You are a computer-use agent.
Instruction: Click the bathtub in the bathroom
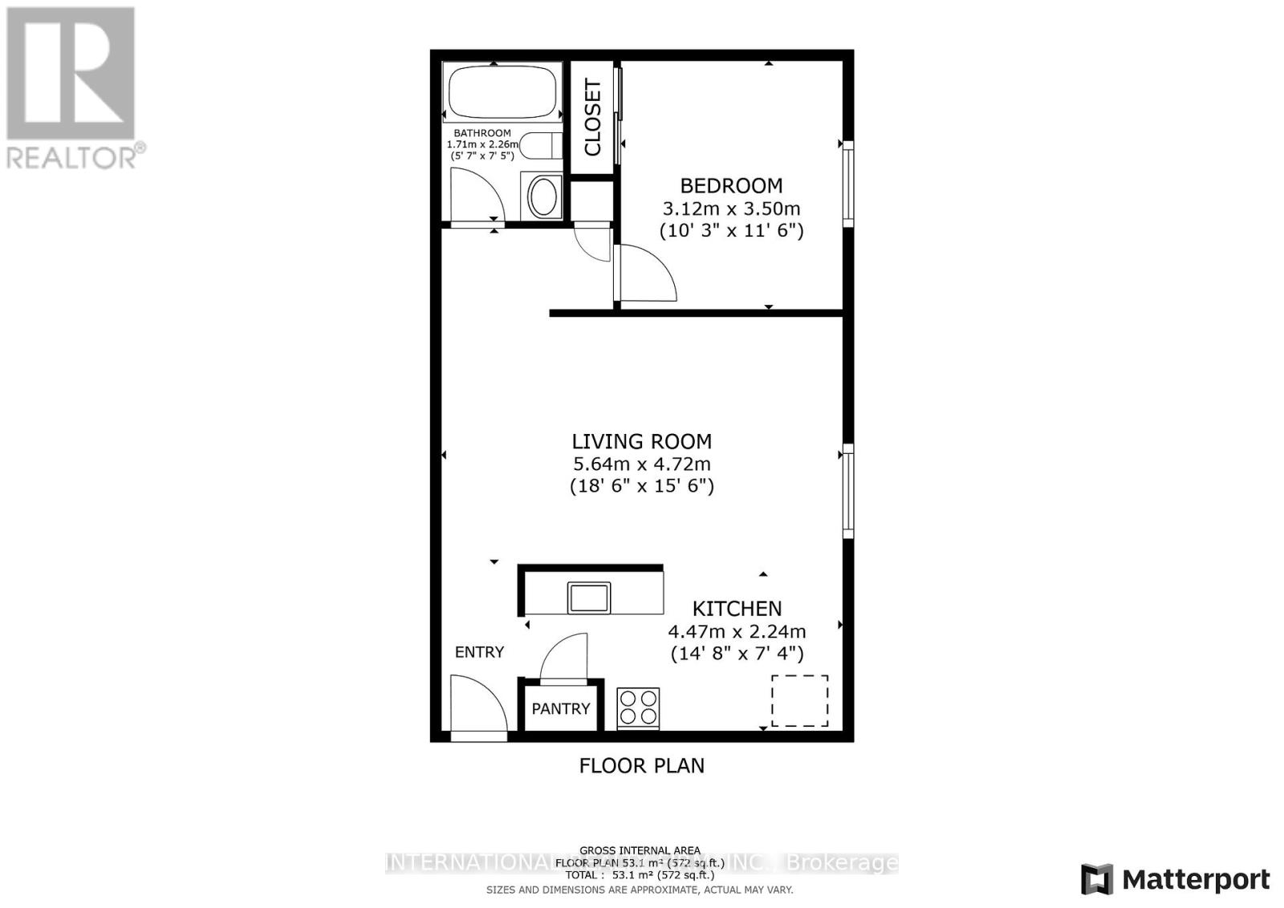click(x=502, y=92)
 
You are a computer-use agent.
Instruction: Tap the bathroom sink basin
click(x=543, y=197)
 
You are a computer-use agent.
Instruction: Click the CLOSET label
click(x=592, y=117)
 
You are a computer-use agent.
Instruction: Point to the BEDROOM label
click(x=731, y=186)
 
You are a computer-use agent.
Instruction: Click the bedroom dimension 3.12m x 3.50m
click(x=731, y=209)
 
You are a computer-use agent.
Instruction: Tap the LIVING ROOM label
click(x=641, y=441)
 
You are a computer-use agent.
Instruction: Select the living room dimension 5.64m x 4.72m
click(x=641, y=464)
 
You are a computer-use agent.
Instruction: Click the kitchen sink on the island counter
click(x=589, y=598)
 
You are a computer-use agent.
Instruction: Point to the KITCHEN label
click(x=737, y=609)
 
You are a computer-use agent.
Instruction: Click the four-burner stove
click(x=638, y=708)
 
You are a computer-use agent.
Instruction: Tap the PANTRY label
click(x=561, y=708)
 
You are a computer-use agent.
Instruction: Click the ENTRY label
click(x=479, y=652)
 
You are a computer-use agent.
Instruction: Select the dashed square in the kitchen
click(x=799, y=701)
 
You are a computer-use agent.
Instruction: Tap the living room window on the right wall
click(x=847, y=490)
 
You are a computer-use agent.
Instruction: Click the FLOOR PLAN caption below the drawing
click(x=641, y=765)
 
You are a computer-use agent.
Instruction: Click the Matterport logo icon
click(x=1096, y=880)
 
